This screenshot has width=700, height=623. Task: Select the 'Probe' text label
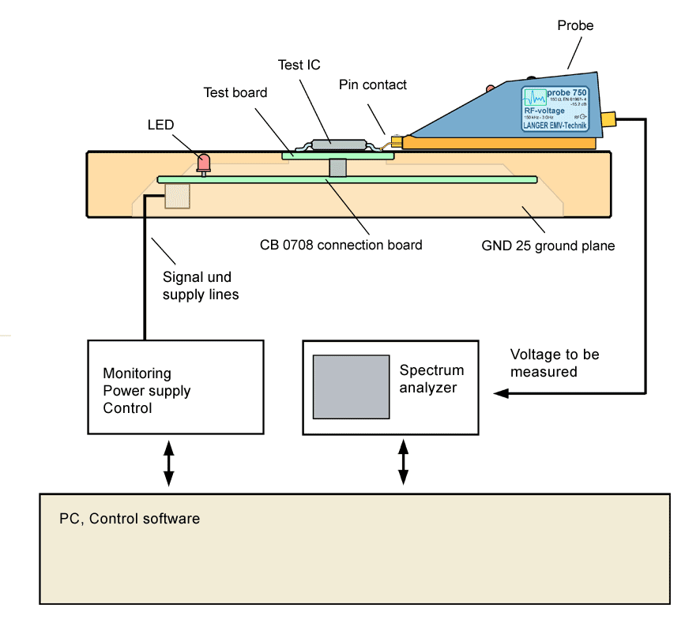[575, 26]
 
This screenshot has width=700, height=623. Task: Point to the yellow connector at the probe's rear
[608, 120]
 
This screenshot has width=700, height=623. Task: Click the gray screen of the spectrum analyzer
[351, 386]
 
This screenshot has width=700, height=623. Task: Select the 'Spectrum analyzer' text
[431, 378]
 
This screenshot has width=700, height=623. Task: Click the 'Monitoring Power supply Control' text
[147, 391]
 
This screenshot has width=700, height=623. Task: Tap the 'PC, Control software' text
[130, 519]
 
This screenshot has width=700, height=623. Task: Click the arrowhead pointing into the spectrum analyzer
[501, 392]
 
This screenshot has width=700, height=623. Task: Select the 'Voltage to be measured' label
[554, 362]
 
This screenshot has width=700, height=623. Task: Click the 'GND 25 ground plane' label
[548, 246]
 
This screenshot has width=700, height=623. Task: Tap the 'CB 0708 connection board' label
[341, 245]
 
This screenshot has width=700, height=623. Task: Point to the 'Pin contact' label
[373, 84]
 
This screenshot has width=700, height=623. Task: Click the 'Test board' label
[235, 92]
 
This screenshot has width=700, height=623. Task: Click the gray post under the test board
[337, 168]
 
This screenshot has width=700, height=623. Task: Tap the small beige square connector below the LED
[177, 196]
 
